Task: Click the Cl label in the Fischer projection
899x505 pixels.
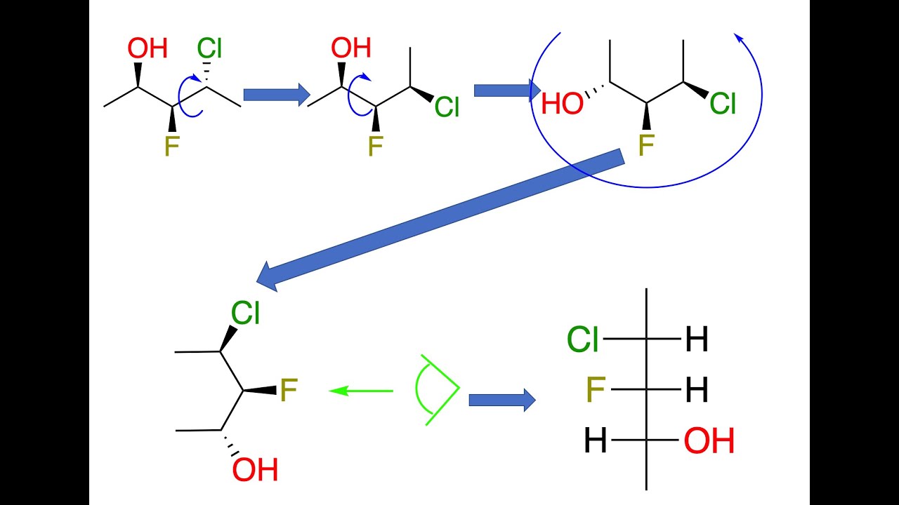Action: point(583,340)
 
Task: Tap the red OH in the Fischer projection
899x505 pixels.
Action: point(709,442)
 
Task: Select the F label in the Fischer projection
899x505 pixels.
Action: point(596,390)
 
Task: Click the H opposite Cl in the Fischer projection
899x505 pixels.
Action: point(697,341)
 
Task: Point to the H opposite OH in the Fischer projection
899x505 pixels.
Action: point(596,441)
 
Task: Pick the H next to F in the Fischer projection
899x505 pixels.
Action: point(697,391)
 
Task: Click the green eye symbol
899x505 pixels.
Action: point(436,389)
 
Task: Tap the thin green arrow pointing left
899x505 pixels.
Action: point(361,390)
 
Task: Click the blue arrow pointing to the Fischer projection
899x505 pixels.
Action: point(501,400)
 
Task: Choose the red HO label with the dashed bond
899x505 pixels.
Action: point(562,105)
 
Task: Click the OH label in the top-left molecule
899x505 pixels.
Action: point(147,49)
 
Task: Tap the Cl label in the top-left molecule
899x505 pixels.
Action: point(209,48)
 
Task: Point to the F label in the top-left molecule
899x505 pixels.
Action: point(171,146)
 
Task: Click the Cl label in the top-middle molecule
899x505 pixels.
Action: point(447,107)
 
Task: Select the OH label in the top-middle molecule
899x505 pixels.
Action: point(351,48)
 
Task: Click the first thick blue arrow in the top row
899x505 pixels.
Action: point(276,94)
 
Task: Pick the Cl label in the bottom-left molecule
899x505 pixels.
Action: point(246,314)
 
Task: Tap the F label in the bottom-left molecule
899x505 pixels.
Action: point(289,391)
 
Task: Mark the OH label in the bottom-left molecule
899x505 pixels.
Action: point(255,470)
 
